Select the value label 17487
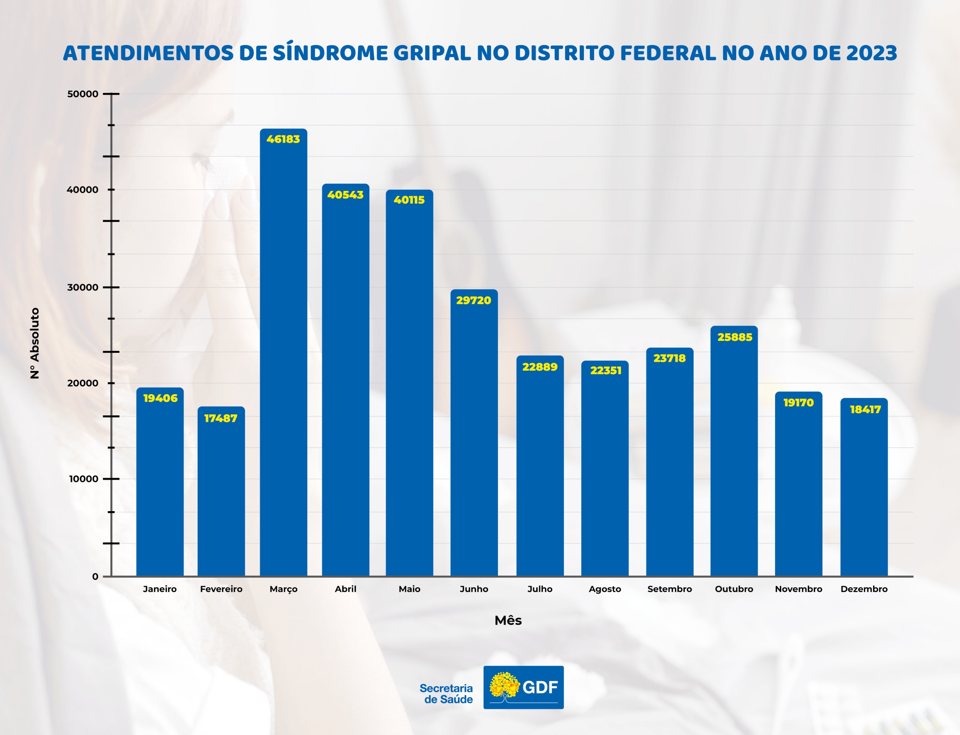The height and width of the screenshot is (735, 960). pos(220,418)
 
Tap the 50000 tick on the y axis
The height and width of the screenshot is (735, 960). pos(83,94)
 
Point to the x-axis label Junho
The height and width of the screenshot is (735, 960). pos(474,589)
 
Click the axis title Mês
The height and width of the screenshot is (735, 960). pos(508,620)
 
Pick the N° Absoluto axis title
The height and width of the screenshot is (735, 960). pos(34,343)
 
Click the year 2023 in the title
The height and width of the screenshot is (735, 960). pos(871,53)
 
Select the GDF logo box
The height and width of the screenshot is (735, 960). pos(523,687)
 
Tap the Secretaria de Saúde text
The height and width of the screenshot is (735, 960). pos(446,693)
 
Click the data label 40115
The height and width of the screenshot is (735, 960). pos(409,200)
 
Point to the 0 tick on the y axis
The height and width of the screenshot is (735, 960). pos(95,577)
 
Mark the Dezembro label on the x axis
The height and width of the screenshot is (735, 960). pos(864,589)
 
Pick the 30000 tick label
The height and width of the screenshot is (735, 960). pos(83,287)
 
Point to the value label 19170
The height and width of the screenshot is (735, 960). pos(798,402)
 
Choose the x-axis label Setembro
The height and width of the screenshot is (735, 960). pos(669,589)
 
